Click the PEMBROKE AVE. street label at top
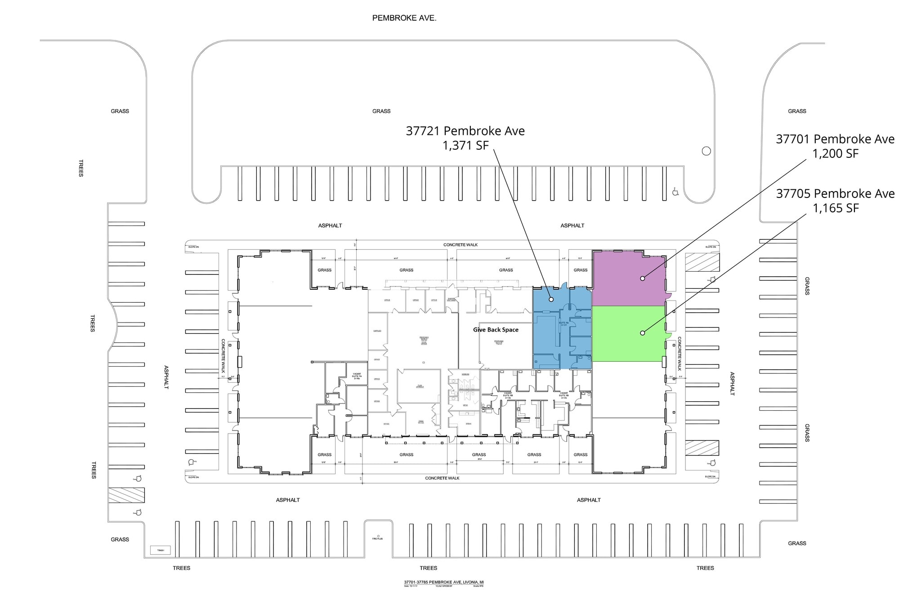[x=404, y=18]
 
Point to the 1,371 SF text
[x=465, y=145]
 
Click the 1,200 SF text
[x=835, y=153]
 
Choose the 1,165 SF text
[x=835, y=208]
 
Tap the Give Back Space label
[x=496, y=330]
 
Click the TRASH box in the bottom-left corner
[x=161, y=550]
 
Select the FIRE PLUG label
[x=377, y=538]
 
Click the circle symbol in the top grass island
[x=706, y=151]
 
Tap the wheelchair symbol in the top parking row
[x=675, y=192]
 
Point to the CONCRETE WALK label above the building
[x=460, y=245]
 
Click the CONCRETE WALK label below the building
[x=442, y=478]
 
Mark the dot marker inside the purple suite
[x=643, y=278]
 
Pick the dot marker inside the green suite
[x=643, y=333]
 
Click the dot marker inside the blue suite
[x=551, y=299]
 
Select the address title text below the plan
[x=443, y=583]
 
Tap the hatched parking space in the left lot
[x=126, y=495]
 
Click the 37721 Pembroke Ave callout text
[x=465, y=131]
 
